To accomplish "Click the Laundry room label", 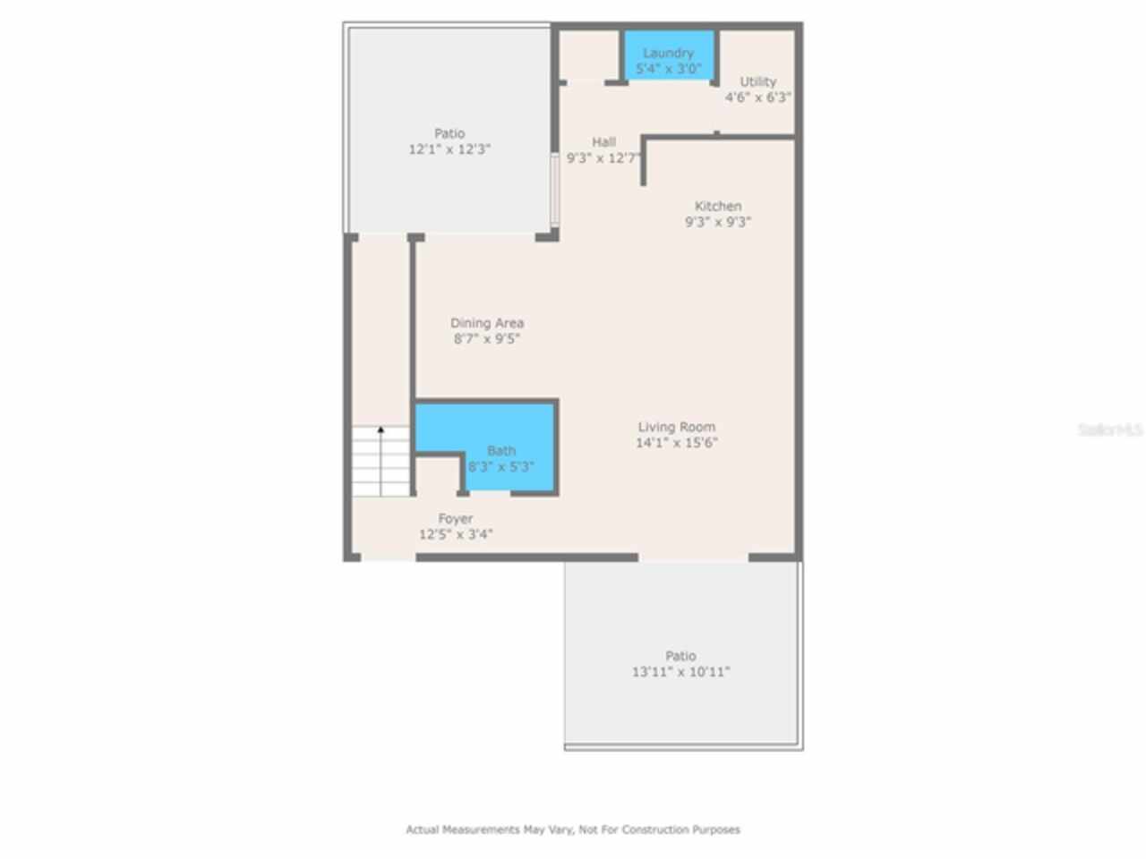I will tap(668, 53).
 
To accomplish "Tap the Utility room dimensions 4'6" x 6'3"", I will tap(758, 98).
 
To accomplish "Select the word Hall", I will tap(603, 141).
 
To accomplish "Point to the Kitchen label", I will tap(718, 206).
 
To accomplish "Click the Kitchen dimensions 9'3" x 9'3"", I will tap(718, 222).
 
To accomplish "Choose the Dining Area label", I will tap(487, 323).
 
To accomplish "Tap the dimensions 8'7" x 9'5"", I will tap(487, 339).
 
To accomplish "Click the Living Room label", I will tap(677, 427).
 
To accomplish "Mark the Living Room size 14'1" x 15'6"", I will tap(677, 443).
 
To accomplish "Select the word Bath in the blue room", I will tap(501, 451).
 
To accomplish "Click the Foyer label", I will tap(456, 519).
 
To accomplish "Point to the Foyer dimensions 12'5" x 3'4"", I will tap(456, 535).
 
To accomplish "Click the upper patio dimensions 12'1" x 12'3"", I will tap(449, 150).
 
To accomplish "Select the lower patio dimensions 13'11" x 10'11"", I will tap(680, 672).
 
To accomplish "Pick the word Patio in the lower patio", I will tap(680, 656).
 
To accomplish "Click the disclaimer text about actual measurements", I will tap(573, 829).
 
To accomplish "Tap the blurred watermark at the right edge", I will tap(1110, 430).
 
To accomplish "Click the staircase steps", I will tap(381, 465).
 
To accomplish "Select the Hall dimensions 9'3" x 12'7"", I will tap(603, 157).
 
